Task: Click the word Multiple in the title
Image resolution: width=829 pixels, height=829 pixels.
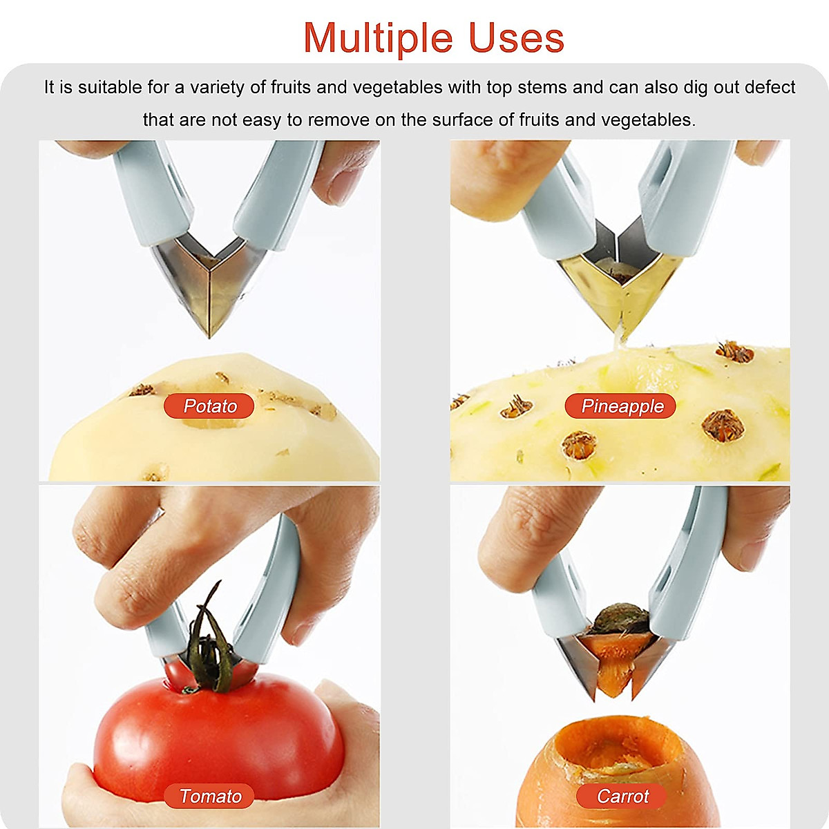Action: (x=379, y=38)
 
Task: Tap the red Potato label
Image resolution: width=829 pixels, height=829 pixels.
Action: (x=209, y=406)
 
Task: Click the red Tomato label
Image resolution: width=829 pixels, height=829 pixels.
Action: (x=209, y=796)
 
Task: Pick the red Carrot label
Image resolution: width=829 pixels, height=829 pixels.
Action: (x=622, y=796)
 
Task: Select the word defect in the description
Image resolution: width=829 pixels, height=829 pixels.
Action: (x=770, y=88)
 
